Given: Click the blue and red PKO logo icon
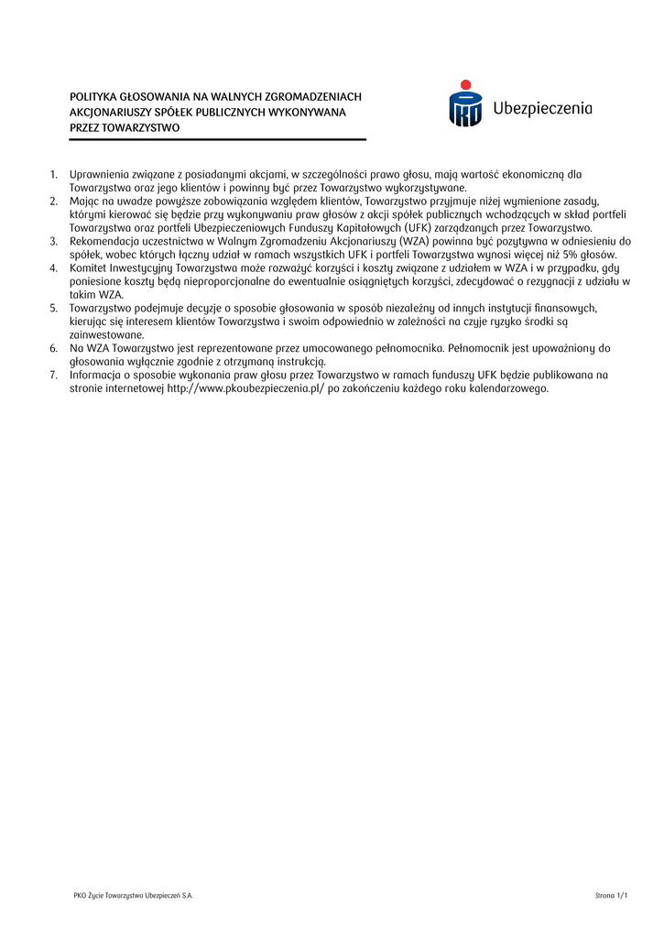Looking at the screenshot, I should coord(465,104).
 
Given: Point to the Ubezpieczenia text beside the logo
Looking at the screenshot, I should coord(542,109).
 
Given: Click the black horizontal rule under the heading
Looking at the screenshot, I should coord(218,139).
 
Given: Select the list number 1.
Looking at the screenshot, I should coord(53,174).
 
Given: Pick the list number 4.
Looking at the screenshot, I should coord(53,267).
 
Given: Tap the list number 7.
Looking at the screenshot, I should coord(53,375).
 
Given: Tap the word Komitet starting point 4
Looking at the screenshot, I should coord(89,267).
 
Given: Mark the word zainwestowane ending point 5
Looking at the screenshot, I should coord(106,334).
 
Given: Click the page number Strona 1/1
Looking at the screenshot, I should coord(612,895).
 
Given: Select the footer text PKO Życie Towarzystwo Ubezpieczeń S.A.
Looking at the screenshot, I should coord(133,895).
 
